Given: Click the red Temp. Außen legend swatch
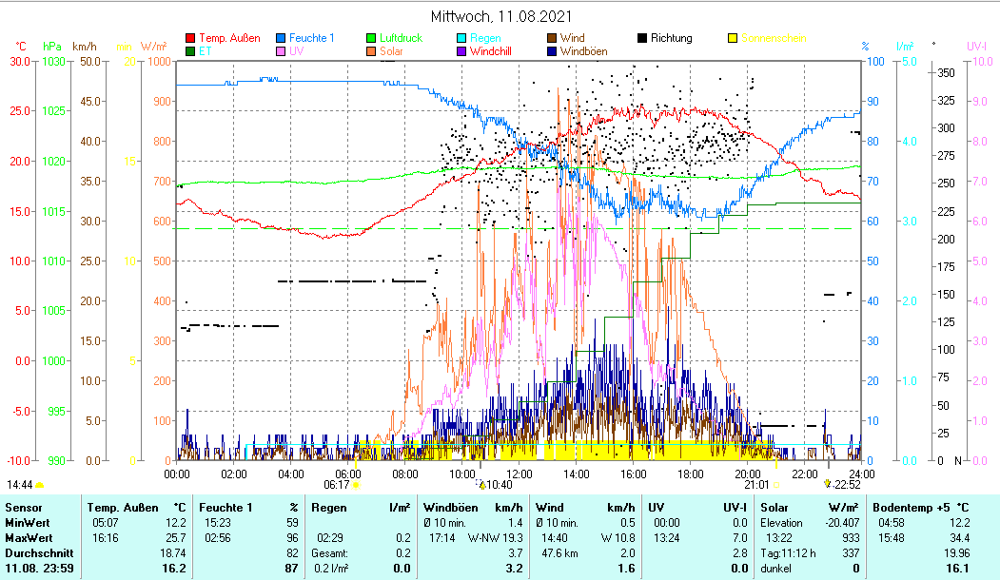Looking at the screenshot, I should click(190, 38).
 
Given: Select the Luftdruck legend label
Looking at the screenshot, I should click(402, 38).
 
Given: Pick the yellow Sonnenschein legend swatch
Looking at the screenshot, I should click(733, 38).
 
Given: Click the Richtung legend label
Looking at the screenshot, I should click(672, 38).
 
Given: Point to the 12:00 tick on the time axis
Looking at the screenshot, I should click(520, 474).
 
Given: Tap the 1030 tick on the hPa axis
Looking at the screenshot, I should click(54, 61).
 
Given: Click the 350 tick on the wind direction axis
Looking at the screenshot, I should click(945, 72).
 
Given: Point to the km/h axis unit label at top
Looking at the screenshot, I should click(85, 46).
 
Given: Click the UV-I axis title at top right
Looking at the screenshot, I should click(977, 46).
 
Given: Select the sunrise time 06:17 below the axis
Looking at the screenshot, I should click(336, 485).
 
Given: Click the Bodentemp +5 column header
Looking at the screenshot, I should click(919, 507).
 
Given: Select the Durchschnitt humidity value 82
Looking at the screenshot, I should click(292, 552).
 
